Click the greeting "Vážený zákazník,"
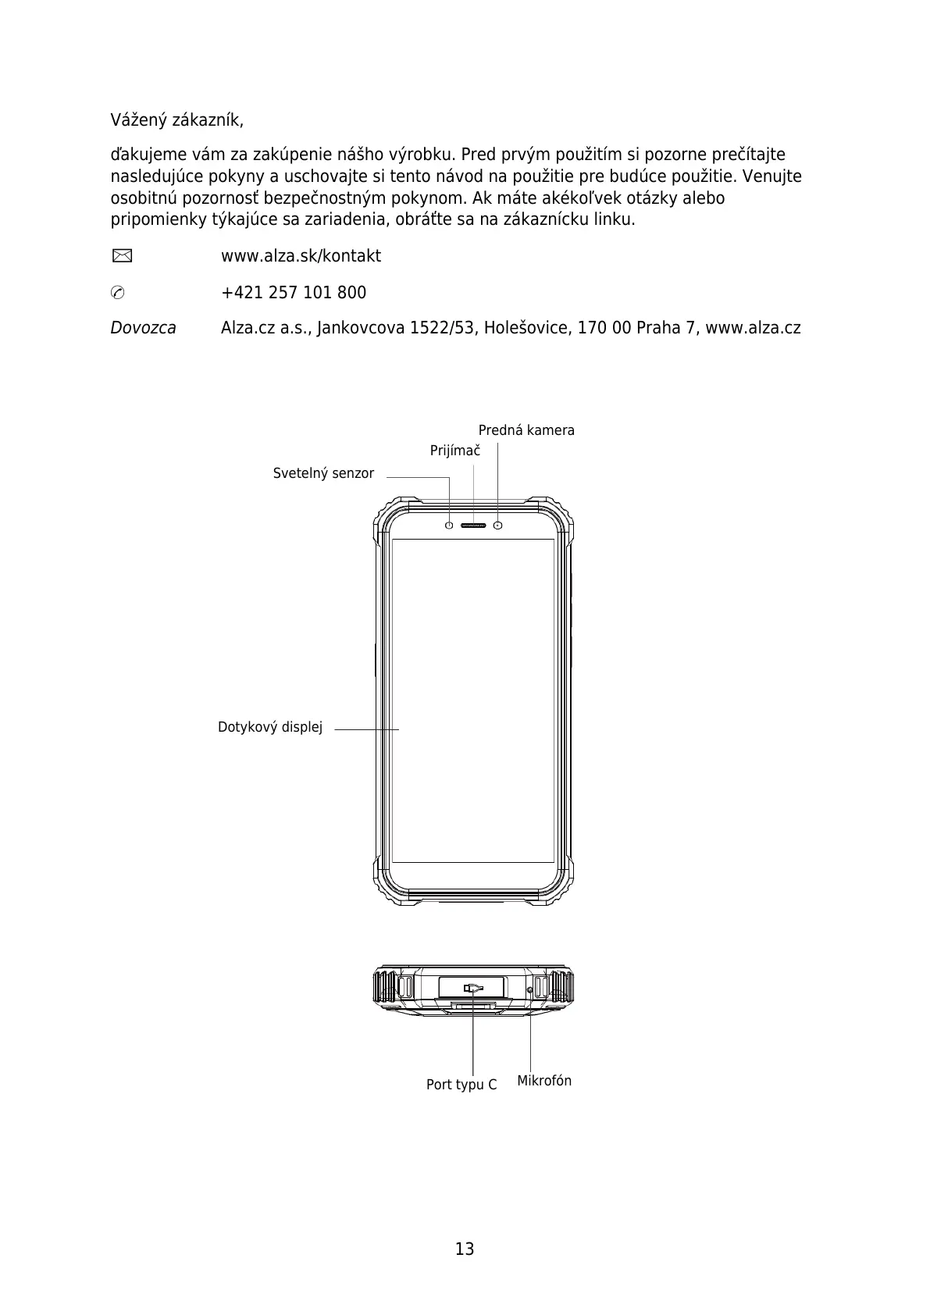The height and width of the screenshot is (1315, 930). click(x=176, y=121)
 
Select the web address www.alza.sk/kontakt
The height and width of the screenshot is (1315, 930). click(x=301, y=256)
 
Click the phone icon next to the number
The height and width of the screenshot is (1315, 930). click(x=118, y=293)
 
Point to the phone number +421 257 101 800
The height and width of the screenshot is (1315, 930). click(x=294, y=293)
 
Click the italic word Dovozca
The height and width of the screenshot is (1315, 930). click(x=143, y=328)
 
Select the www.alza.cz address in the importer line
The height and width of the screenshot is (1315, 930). click(x=753, y=328)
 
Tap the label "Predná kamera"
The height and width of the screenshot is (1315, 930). click(x=526, y=430)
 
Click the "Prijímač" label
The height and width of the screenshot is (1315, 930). click(x=455, y=451)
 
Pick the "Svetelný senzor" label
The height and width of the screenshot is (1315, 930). click(x=323, y=473)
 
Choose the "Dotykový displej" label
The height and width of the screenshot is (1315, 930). click(x=270, y=728)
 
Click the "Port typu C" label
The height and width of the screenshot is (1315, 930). click(x=461, y=1085)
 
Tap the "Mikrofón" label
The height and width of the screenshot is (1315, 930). click(x=544, y=1081)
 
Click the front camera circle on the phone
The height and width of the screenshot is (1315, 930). click(x=498, y=526)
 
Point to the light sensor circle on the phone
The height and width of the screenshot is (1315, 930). click(x=449, y=526)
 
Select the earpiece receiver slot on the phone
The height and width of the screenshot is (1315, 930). click(x=473, y=526)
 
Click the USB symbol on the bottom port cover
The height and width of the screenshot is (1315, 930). click(x=472, y=988)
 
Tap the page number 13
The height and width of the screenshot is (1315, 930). click(x=465, y=1249)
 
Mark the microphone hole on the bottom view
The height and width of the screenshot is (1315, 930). click(x=530, y=990)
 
